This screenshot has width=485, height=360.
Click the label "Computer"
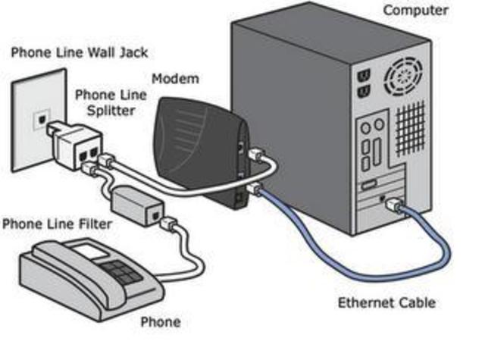(x=415, y=11)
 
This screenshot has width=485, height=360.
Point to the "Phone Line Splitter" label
(x=105, y=102)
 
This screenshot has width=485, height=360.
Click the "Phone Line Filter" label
(x=57, y=224)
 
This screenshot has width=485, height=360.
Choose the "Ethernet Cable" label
(x=386, y=303)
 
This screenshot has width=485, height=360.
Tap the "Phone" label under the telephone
(x=161, y=322)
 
